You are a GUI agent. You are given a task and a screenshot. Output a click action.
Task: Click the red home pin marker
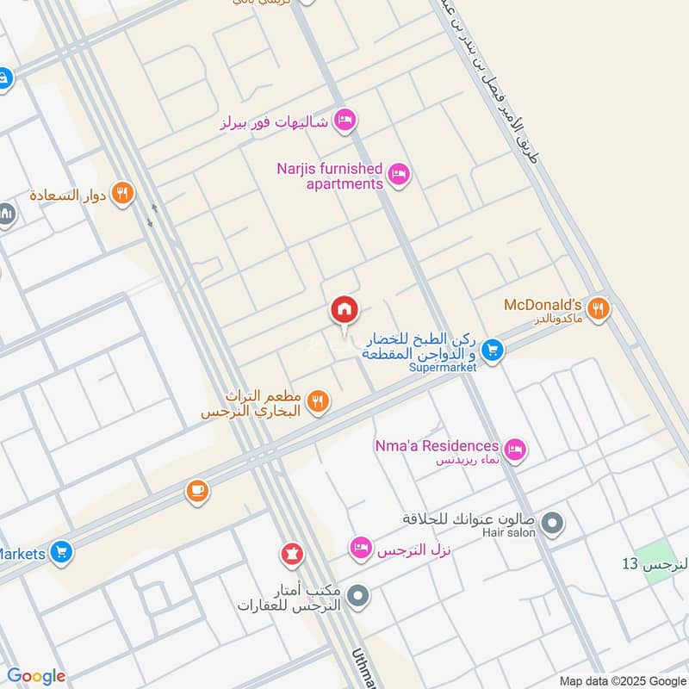click(344, 310)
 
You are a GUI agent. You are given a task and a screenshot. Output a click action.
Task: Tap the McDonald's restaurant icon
click(600, 307)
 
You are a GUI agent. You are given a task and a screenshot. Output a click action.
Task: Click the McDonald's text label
click(544, 306)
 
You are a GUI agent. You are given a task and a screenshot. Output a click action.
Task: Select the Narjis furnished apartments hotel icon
click(398, 176)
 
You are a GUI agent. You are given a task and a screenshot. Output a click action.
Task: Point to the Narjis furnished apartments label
click(330, 176)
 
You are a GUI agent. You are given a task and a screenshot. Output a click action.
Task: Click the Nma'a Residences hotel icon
click(515, 448)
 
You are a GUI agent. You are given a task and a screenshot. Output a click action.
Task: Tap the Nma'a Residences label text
click(437, 446)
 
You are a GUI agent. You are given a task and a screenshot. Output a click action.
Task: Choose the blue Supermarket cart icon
click(492, 349)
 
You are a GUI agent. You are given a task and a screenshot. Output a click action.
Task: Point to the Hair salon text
click(512, 533)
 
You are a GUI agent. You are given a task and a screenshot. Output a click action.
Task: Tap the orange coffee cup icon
click(197, 491)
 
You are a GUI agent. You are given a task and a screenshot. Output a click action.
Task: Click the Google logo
click(36, 676)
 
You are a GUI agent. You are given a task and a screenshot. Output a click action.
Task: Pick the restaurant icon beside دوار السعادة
click(123, 194)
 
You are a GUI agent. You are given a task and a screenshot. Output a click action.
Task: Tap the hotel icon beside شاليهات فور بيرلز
click(344, 121)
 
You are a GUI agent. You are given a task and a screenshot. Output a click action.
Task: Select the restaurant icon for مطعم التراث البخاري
click(318, 401)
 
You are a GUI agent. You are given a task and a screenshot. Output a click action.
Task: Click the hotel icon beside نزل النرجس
click(361, 547)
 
